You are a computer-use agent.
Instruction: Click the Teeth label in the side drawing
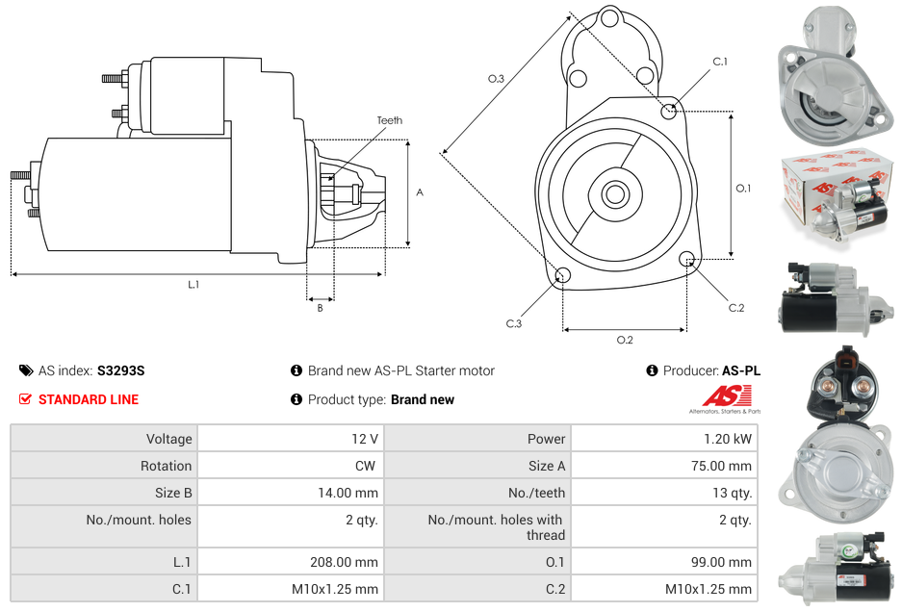(x=389, y=120)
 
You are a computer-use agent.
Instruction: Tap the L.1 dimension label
(x=193, y=284)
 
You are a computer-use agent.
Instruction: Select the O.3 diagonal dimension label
(x=497, y=79)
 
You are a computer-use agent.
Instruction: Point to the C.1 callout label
(x=720, y=63)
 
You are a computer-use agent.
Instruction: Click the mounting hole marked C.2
(x=687, y=259)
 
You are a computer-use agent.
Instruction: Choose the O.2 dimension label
(x=625, y=340)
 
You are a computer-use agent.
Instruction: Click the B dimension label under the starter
(x=321, y=308)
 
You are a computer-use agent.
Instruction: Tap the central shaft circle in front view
(x=615, y=194)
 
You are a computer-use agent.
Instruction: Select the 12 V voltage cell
(x=364, y=439)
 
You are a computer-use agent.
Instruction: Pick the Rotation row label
(x=166, y=466)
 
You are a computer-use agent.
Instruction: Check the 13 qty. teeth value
(x=732, y=493)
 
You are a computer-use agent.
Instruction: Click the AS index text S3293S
(x=120, y=370)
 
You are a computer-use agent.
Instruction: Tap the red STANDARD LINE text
(x=89, y=399)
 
